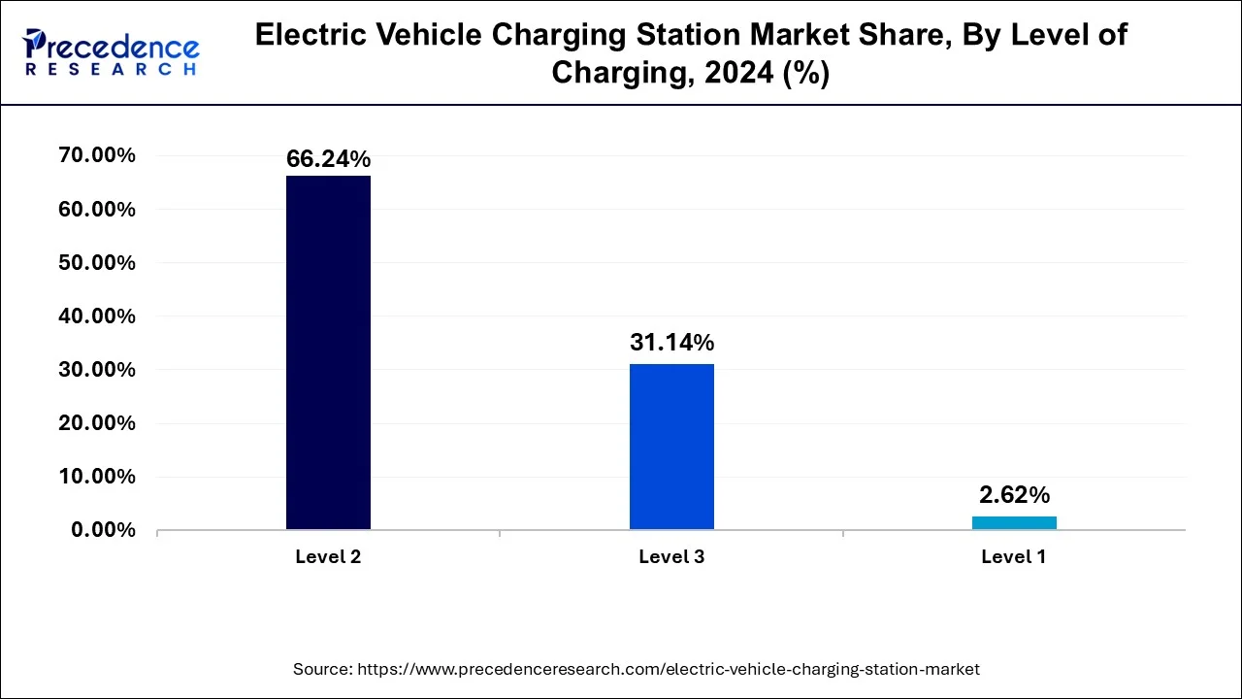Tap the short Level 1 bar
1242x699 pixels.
click(1014, 522)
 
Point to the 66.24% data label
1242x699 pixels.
click(328, 159)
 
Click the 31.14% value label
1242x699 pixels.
click(671, 343)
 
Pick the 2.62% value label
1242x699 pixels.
click(1014, 495)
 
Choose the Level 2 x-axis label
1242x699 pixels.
click(328, 557)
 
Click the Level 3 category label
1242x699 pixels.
click(671, 557)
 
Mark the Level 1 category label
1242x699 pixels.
click(1014, 557)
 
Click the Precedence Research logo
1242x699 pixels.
click(111, 52)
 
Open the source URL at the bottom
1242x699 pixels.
click(669, 669)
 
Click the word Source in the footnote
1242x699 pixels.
click(321, 669)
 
